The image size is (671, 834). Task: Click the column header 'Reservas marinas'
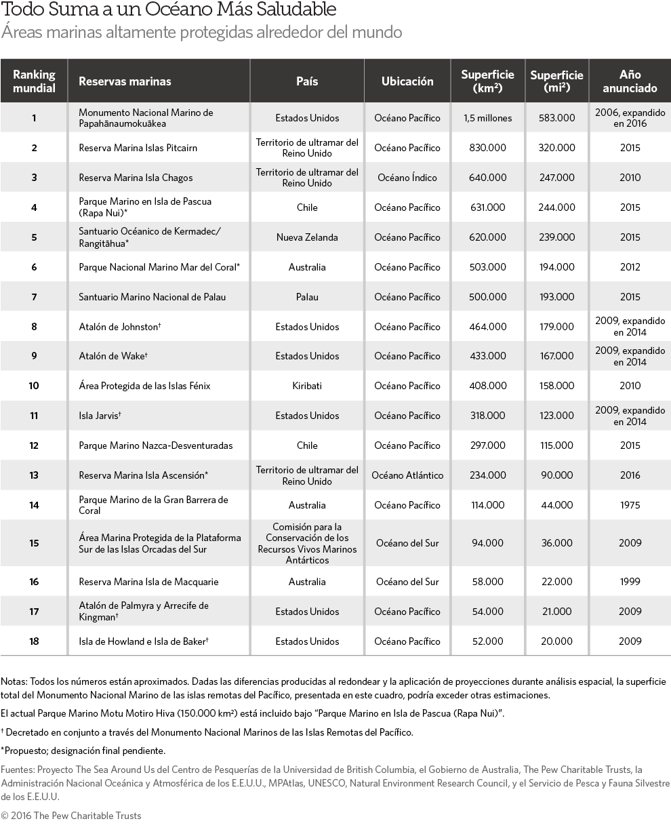(125, 81)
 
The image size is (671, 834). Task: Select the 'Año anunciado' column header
(630, 81)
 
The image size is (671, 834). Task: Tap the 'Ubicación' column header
(407, 81)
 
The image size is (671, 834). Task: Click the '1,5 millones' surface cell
(488, 118)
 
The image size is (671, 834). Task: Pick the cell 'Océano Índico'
(407, 178)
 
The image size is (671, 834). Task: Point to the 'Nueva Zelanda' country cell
(307, 237)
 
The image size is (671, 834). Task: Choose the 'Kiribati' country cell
(307, 386)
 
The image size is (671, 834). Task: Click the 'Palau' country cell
(307, 297)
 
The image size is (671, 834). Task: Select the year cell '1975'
(630, 505)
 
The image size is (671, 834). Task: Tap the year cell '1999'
(630, 582)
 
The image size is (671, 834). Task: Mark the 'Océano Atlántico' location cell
(407, 475)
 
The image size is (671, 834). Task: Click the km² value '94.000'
(488, 543)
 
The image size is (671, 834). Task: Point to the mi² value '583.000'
(556, 118)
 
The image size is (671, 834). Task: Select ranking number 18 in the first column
(34, 641)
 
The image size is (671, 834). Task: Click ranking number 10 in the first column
(34, 386)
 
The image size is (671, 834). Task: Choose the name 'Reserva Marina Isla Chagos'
(136, 178)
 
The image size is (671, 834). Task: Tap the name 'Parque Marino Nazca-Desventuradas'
(155, 445)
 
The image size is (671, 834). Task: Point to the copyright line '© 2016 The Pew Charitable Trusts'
(71, 816)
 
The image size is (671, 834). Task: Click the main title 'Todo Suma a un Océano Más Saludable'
(168, 11)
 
